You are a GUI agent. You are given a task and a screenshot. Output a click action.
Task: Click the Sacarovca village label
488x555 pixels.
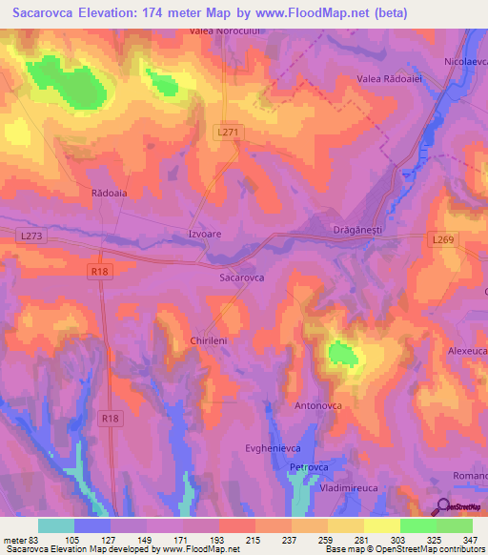pos(241,277)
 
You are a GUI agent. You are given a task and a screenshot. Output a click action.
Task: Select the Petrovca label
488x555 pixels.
pos(309,467)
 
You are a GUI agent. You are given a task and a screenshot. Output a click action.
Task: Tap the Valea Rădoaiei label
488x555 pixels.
pos(389,79)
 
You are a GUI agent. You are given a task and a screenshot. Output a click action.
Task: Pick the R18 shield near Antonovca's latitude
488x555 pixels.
pos(111,417)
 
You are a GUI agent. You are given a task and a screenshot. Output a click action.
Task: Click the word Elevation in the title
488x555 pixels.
pos(113,12)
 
